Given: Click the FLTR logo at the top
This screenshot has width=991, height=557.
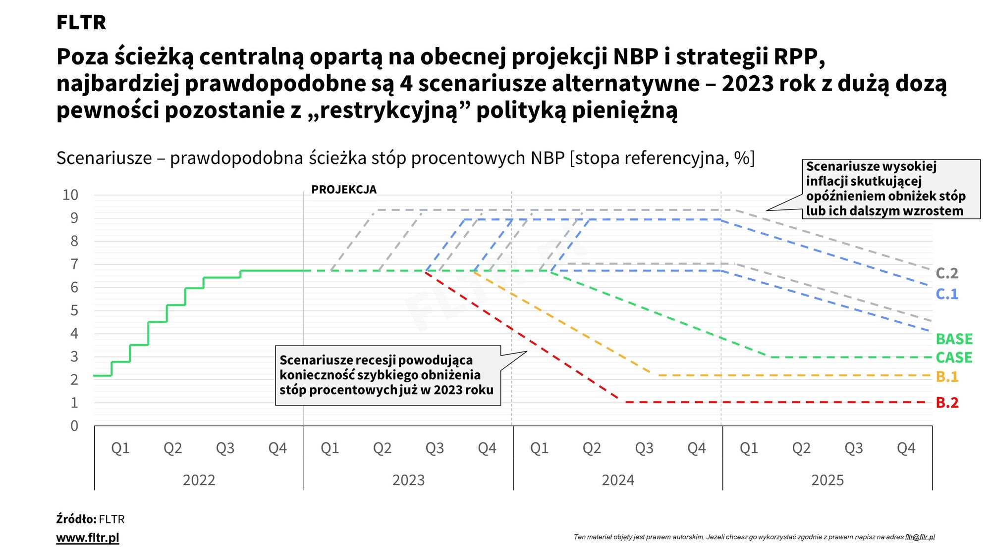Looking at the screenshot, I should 81,22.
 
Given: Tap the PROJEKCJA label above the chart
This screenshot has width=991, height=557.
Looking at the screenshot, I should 344,190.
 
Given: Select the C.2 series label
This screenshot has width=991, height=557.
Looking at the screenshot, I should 947,273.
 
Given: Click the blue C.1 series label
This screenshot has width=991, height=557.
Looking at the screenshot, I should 947,294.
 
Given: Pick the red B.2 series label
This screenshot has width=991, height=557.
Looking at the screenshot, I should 947,403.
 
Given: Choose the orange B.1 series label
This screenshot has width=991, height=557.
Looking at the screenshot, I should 947,377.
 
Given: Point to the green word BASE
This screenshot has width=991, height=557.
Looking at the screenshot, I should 954,339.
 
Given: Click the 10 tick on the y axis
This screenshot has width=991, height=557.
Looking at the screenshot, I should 70,195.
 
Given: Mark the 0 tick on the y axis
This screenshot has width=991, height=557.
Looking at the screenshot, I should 74,426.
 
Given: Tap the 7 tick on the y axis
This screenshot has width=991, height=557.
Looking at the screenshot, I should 74,264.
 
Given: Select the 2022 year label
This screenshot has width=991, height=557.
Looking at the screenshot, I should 199,480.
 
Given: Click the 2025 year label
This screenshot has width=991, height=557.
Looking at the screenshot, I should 827,480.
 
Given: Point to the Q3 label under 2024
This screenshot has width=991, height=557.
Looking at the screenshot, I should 644,448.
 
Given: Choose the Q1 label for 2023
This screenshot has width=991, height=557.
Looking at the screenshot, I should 330,448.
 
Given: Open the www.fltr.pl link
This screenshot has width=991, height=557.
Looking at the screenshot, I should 88,538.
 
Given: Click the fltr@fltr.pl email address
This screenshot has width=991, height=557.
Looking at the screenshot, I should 920,537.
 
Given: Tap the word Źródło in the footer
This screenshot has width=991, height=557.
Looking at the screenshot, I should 76,519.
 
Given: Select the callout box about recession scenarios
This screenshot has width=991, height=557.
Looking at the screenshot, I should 387,375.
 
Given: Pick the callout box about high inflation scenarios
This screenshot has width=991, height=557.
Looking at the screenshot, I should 890,189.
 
